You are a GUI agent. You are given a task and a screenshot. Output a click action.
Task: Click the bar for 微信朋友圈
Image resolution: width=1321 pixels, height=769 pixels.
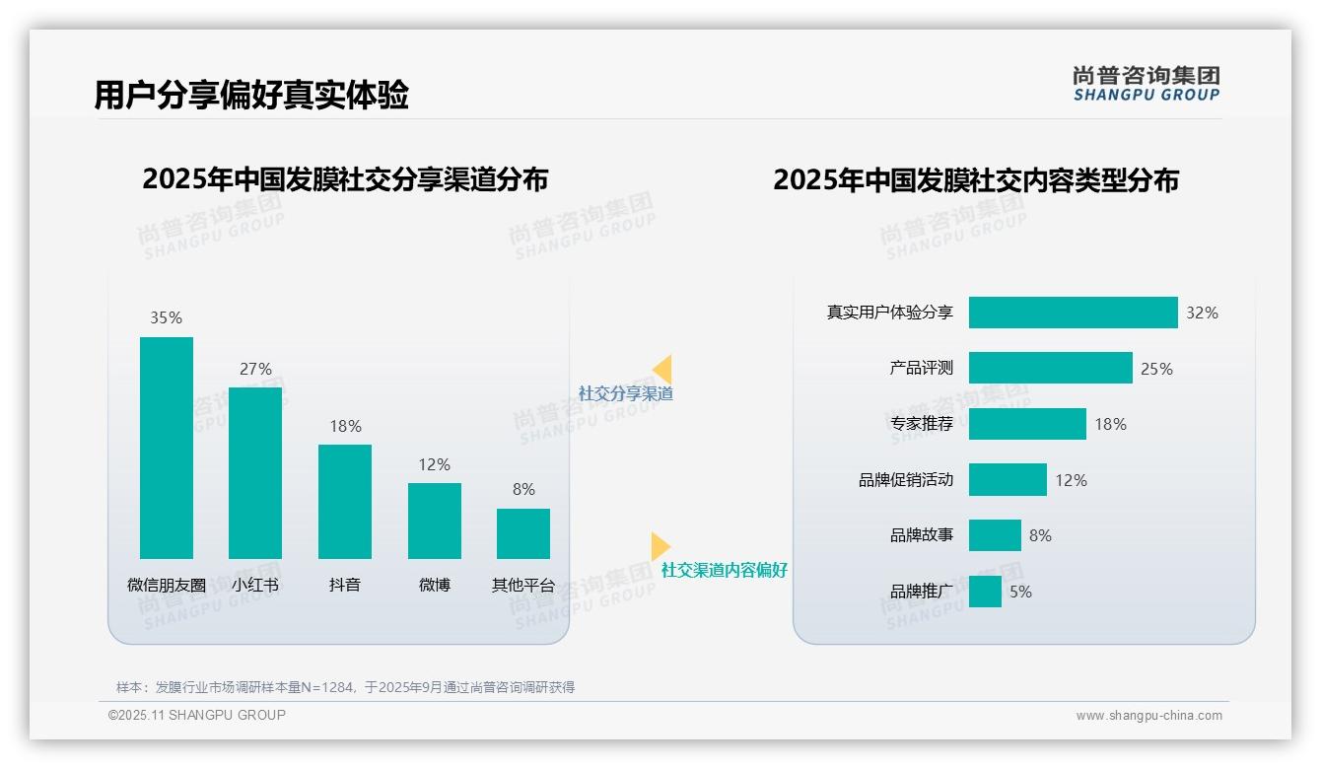point(167,448)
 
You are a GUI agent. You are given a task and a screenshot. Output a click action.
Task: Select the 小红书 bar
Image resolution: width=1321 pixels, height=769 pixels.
point(255,473)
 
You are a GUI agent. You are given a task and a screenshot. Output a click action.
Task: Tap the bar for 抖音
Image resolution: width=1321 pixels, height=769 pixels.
point(345,502)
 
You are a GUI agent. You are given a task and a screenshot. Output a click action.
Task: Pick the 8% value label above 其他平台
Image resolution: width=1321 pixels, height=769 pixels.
point(523,489)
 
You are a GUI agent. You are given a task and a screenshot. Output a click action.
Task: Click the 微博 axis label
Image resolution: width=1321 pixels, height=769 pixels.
point(435,585)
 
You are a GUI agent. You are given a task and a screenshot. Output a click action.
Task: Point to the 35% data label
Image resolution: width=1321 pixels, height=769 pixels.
point(166,317)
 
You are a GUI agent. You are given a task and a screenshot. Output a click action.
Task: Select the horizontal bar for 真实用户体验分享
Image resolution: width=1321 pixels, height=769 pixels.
point(1073,313)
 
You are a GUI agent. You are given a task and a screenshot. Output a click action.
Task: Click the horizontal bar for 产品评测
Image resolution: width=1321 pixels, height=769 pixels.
point(1050,368)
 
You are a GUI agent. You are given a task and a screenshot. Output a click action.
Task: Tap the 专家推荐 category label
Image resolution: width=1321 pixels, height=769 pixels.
point(922,424)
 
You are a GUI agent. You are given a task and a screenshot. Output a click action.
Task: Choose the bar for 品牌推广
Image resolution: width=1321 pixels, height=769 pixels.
point(985,592)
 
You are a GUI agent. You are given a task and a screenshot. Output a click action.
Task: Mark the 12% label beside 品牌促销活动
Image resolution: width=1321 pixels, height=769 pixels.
point(1071,480)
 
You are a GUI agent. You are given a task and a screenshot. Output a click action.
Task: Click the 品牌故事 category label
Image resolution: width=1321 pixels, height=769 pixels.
point(922,535)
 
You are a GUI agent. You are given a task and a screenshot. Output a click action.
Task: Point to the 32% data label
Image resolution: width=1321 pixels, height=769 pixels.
point(1202,313)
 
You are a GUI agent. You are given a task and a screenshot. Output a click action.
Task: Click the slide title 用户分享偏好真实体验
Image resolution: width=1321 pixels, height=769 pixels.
point(251,95)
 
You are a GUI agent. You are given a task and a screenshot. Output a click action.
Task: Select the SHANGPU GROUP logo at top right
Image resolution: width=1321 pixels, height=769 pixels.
point(1146,84)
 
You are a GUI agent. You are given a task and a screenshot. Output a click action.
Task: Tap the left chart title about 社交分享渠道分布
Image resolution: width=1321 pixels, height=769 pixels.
point(345,179)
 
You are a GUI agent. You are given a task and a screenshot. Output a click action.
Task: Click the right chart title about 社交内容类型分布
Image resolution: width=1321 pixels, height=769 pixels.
point(976,179)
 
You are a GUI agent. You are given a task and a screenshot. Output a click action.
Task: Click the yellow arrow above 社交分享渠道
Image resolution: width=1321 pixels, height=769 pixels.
point(662,370)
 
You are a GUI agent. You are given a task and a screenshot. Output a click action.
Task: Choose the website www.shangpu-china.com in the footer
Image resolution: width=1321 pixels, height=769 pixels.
point(1148,716)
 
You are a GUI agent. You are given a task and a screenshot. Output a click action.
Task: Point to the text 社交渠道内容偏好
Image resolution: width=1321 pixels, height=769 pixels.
point(725,570)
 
